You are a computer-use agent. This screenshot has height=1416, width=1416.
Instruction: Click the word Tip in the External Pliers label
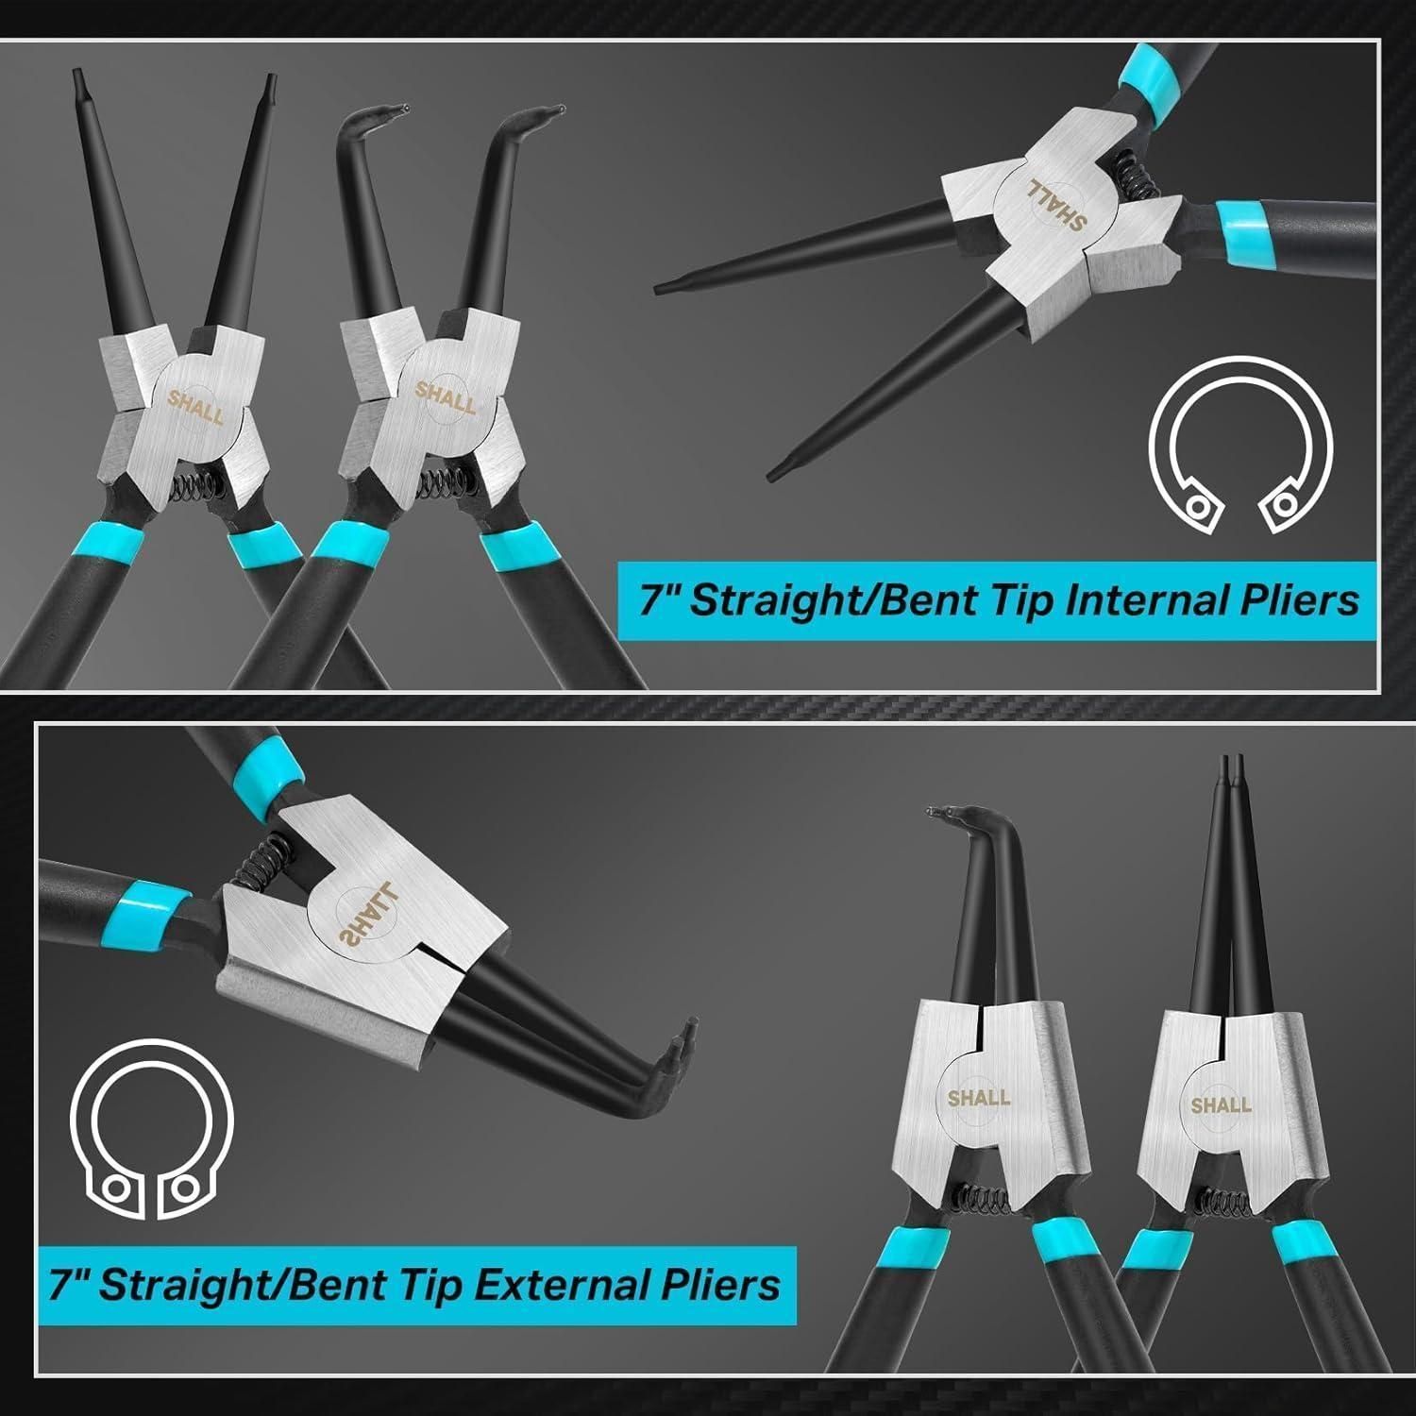411,1287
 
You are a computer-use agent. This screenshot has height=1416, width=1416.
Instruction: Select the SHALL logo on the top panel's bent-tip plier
446,396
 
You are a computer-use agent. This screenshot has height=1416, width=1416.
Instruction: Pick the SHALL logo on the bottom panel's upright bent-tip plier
980,1098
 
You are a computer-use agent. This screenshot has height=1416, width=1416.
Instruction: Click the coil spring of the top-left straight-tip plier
198,487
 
